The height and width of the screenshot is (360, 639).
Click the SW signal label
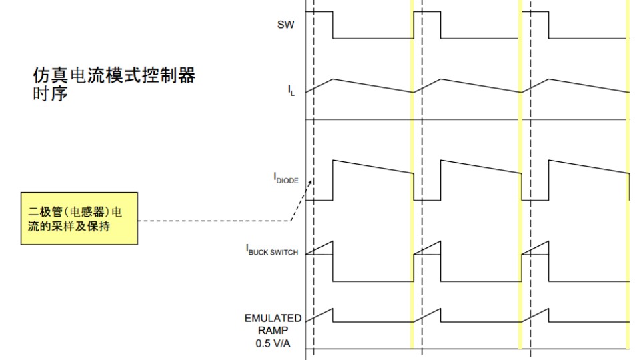[x=285, y=25]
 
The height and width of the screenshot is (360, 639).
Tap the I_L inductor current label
[x=291, y=90]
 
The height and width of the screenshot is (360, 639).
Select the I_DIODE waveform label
[x=286, y=179]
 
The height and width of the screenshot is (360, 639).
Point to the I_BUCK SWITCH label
[x=272, y=249]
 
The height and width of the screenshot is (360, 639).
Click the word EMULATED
[x=273, y=318]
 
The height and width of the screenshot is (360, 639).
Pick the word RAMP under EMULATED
[x=273, y=330]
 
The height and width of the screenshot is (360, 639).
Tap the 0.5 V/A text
[x=273, y=343]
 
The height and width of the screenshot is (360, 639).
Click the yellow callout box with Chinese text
[x=79, y=218]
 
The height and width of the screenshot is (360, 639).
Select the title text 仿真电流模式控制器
[x=114, y=75]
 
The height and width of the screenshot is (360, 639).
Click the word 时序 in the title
[x=50, y=93]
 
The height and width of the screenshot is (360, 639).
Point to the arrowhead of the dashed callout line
[x=311, y=182]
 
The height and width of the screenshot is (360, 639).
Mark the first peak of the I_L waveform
[x=333, y=79]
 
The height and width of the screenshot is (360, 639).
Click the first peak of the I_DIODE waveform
[x=333, y=161]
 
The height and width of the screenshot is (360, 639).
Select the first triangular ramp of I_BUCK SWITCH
[x=319, y=248]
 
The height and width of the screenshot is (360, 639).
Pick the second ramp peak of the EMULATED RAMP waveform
[x=440, y=309]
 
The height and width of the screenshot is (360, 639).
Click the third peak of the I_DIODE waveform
[x=548, y=161]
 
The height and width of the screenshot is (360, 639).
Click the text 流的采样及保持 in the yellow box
[x=69, y=226]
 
